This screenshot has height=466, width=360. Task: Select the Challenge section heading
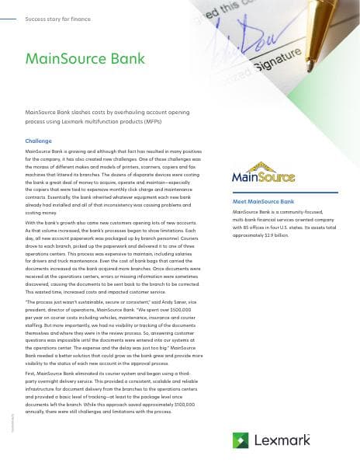click(x=39, y=141)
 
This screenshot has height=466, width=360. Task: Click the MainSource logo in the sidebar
click(x=263, y=176)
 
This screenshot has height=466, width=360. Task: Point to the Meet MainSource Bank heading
click(x=263, y=201)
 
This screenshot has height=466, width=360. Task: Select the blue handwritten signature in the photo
click(x=225, y=47)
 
